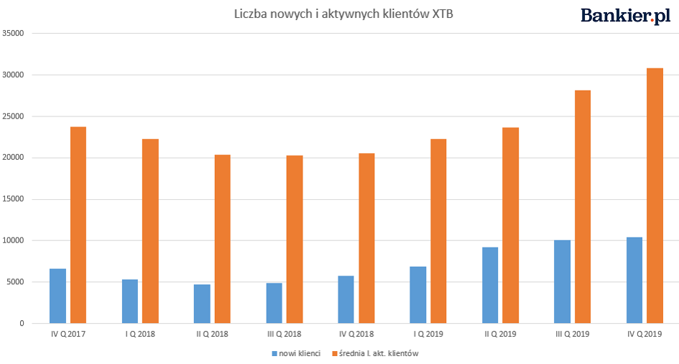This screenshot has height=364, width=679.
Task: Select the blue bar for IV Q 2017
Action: (x=57, y=296)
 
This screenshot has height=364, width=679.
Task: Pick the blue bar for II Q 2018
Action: (x=202, y=304)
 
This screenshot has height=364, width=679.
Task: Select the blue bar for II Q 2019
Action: (x=490, y=285)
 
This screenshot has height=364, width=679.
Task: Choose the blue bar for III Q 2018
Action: (x=274, y=303)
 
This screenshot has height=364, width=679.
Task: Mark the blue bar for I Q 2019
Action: (x=417, y=295)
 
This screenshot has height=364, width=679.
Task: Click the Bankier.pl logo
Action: (x=625, y=16)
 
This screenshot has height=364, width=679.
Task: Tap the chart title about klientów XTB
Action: (x=343, y=14)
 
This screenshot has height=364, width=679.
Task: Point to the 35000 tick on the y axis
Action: (x=14, y=33)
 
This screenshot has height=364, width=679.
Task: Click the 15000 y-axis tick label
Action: (x=14, y=199)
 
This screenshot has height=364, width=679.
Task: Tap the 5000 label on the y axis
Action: (x=16, y=282)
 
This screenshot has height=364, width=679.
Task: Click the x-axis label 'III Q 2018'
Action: (x=284, y=334)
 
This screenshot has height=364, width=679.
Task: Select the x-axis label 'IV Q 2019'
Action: (x=644, y=334)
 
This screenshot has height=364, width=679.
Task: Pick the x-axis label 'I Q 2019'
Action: (x=428, y=334)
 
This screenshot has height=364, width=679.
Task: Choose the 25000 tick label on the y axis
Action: (x=14, y=117)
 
